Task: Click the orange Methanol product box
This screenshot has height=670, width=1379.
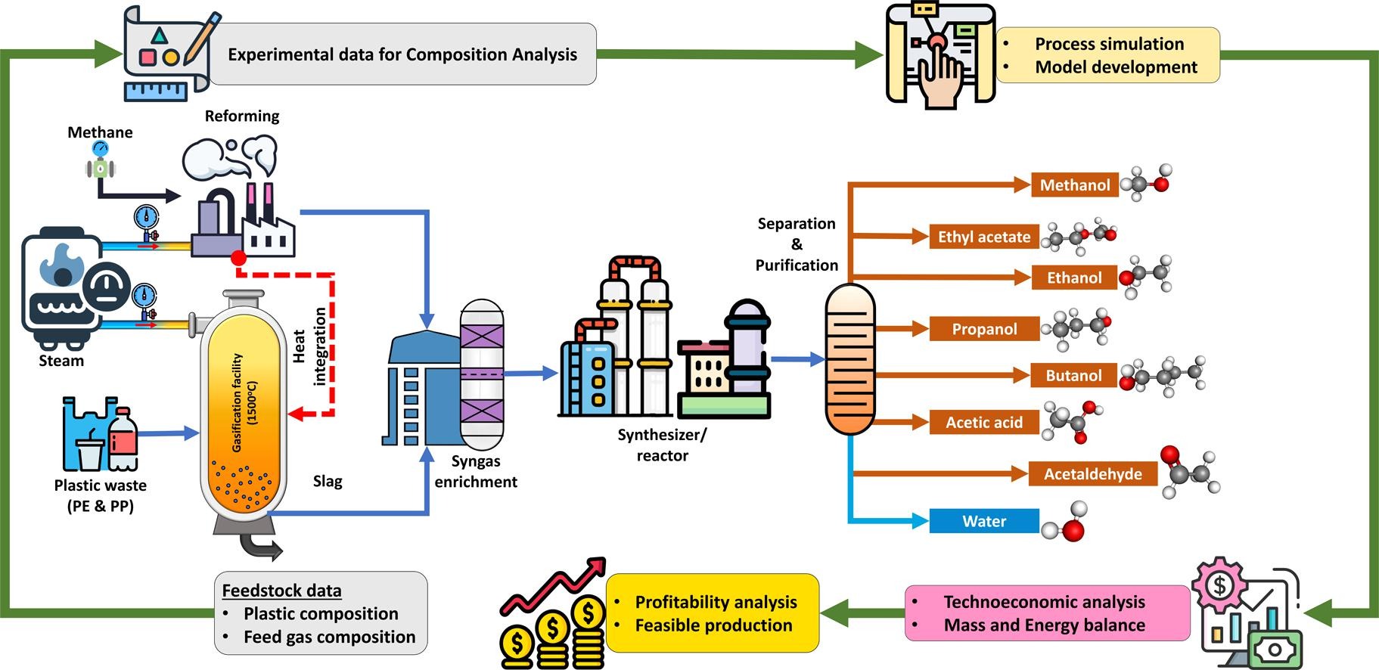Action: pyautogui.click(x=1074, y=185)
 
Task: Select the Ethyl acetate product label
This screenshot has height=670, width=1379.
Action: pyautogui.click(x=983, y=237)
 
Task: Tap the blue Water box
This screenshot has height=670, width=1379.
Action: pyautogui.click(x=983, y=521)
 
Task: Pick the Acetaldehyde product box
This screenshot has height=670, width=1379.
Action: pyautogui.click(x=1092, y=474)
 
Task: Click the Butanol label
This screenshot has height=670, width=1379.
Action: pyautogui.click(x=1073, y=375)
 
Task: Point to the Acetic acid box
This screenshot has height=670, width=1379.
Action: pyautogui.click(x=983, y=423)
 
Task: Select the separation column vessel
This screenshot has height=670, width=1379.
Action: pyautogui.click(x=849, y=359)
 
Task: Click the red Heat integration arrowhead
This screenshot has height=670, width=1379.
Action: pyautogui.click(x=297, y=414)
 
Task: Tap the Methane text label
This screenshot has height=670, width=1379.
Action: pyautogui.click(x=100, y=132)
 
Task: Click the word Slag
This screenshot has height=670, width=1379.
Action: pyautogui.click(x=328, y=481)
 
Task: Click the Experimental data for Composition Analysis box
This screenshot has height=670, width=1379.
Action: pyautogui.click(x=402, y=54)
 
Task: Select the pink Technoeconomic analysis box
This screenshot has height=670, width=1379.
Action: pyautogui.click(x=1046, y=613)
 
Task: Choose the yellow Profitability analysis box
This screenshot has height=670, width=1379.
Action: pyautogui.click(x=713, y=613)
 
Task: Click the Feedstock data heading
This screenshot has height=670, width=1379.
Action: pyautogui.click(x=281, y=591)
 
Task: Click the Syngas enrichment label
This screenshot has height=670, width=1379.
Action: pyautogui.click(x=476, y=471)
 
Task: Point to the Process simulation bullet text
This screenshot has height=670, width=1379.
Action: pyautogui.click(x=1109, y=44)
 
